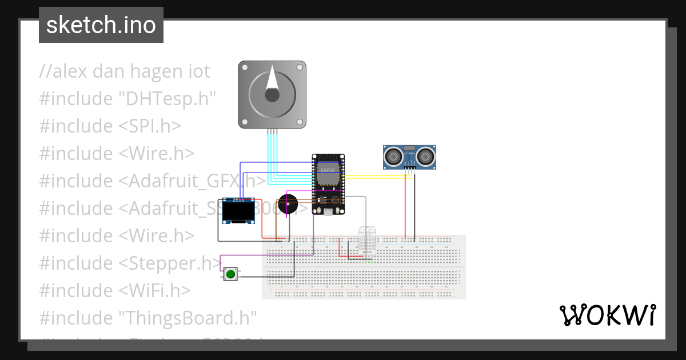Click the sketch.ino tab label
(x=101, y=25)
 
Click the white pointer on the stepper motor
(x=273, y=82)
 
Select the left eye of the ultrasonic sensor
(x=393, y=155)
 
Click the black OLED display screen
(x=238, y=212)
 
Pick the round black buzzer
(x=287, y=205)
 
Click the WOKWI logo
(x=607, y=315)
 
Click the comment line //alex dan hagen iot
(x=125, y=71)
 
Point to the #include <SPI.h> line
(x=110, y=126)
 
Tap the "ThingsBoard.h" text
(x=188, y=318)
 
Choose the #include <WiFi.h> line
(x=114, y=290)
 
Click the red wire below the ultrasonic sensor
(x=405, y=206)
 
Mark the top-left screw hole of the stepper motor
(x=245, y=67)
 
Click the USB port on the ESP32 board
(x=328, y=213)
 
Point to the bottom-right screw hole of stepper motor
(x=300, y=121)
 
